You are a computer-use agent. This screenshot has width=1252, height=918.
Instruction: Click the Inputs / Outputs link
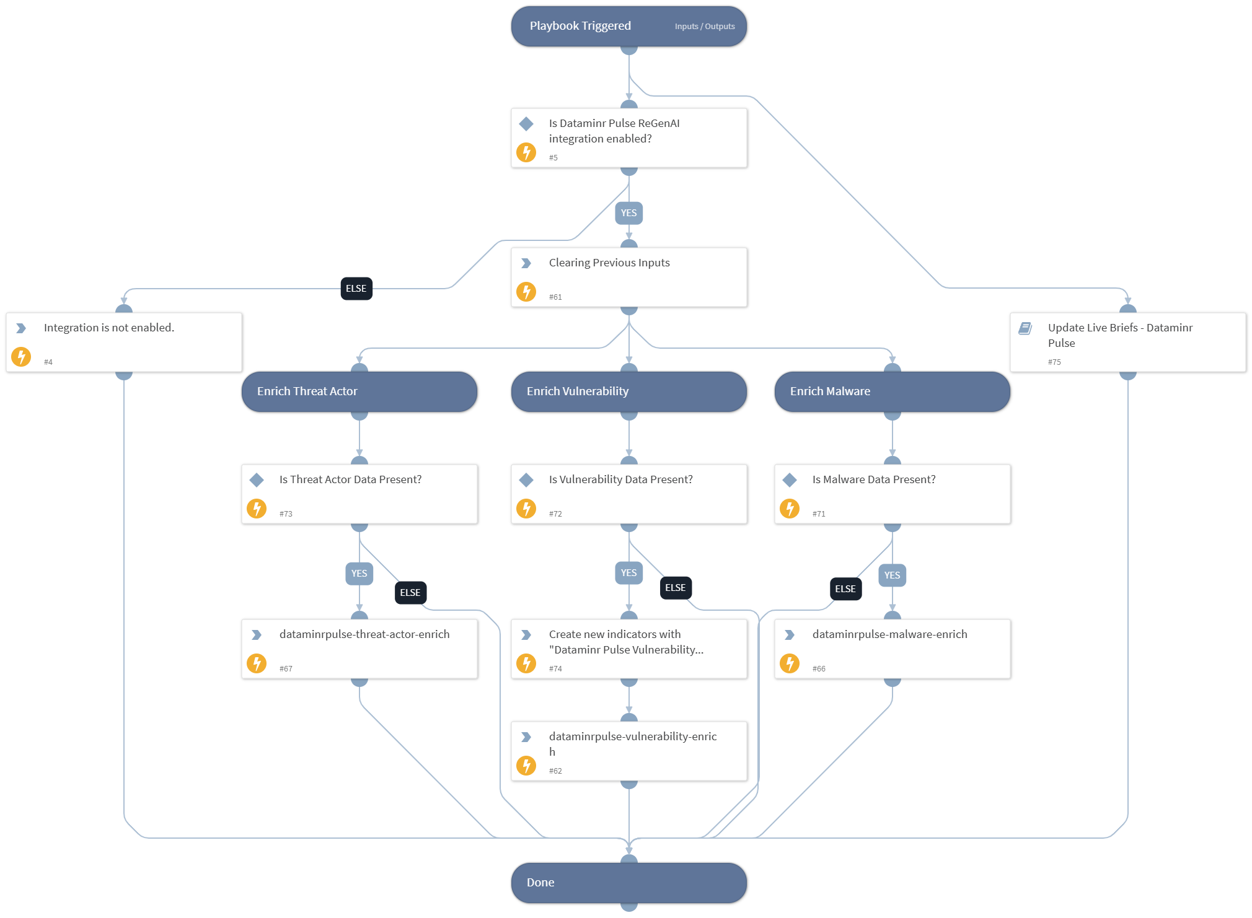click(704, 27)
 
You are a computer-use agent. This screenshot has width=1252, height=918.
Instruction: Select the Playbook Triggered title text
click(580, 26)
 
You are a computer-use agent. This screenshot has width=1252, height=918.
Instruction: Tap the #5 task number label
click(553, 158)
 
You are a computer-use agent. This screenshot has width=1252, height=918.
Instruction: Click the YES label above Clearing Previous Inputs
click(628, 213)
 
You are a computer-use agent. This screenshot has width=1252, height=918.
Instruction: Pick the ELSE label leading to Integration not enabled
click(356, 289)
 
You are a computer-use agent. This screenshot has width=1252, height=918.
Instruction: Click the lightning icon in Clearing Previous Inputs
click(526, 291)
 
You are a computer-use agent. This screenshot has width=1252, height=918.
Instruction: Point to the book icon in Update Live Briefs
click(1025, 328)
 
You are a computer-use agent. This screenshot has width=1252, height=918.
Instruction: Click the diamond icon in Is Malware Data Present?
click(790, 479)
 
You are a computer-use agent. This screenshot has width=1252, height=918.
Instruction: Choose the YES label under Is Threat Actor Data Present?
click(359, 574)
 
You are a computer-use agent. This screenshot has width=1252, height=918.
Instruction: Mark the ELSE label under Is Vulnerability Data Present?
click(675, 588)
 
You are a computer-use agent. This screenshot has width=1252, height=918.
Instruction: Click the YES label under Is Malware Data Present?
click(892, 575)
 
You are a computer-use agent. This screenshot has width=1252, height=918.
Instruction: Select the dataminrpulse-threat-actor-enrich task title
click(364, 634)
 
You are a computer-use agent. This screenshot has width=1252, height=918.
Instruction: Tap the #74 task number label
click(555, 669)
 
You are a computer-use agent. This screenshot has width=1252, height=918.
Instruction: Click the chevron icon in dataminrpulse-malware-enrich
click(790, 635)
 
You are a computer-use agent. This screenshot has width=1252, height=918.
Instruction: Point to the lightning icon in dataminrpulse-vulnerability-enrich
click(526, 766)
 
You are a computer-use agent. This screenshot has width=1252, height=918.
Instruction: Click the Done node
click(628, 883)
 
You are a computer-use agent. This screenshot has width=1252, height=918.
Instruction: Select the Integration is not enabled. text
click(109, 328)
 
